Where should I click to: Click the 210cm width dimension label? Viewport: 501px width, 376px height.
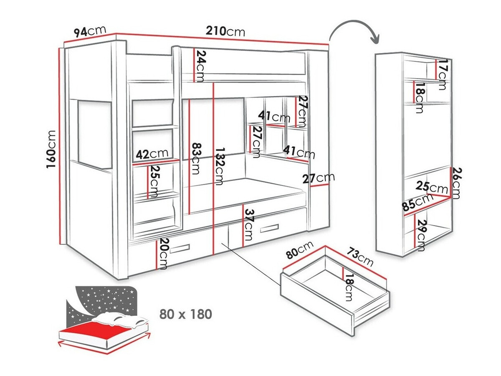(225, 31)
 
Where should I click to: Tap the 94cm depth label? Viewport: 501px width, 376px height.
(89, 31)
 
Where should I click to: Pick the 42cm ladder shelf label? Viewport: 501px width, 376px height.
(152, 154)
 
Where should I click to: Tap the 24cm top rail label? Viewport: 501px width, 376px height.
(201, 66)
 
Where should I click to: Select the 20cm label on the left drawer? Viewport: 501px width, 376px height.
(163, 254)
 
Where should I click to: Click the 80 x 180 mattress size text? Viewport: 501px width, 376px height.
(185, 314)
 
